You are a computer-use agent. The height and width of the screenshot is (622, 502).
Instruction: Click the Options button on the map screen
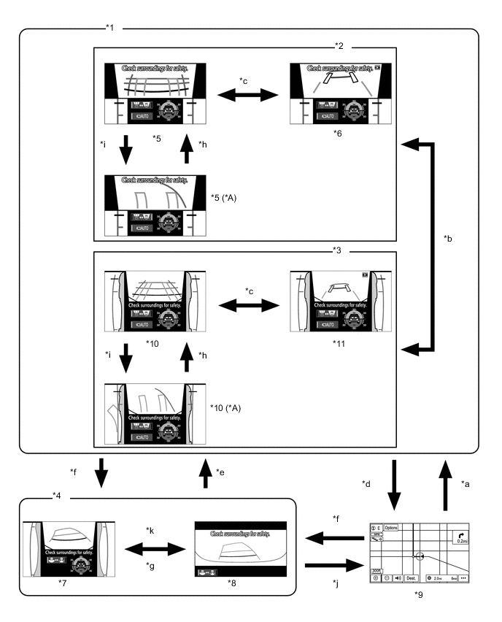click(x=392, y=527)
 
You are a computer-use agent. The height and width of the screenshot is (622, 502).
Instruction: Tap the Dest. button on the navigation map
click(x=412, y=577)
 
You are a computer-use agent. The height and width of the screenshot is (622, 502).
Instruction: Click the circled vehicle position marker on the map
click(x=419, y=556)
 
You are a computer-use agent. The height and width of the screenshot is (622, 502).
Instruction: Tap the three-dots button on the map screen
click(x=463, y=577)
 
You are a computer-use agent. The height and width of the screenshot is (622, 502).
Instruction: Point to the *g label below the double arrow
click(x=151, y=566)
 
